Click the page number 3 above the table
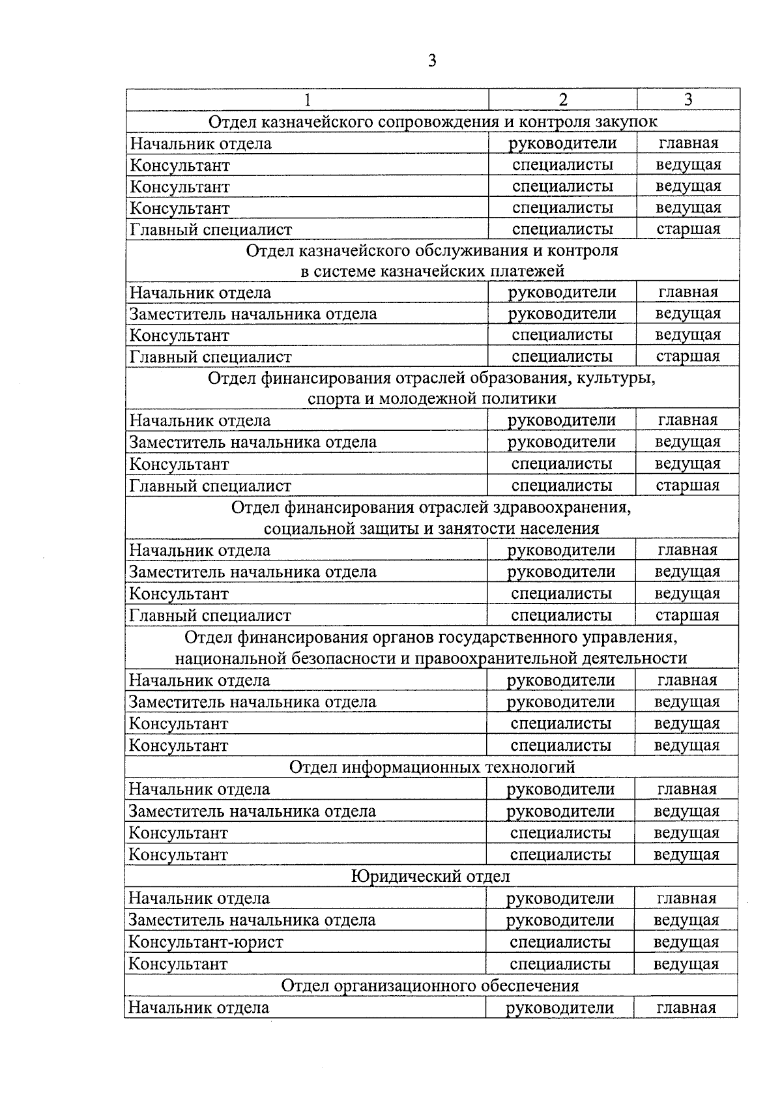pyautogui.click(x=432, y=61)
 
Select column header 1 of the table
pyautogui.click(x=307, y=100)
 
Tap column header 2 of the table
pyautogui.click(x=563, y=99)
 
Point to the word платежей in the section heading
pyautogui.click(x=527, y=270)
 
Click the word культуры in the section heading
pyautogui.click(x=616, y=379)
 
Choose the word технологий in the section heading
pyautogui.click(x=530, y=767)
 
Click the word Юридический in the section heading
pyautogui.click(x=398, y=877)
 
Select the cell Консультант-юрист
pyautogui.click(x=206, y=942)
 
